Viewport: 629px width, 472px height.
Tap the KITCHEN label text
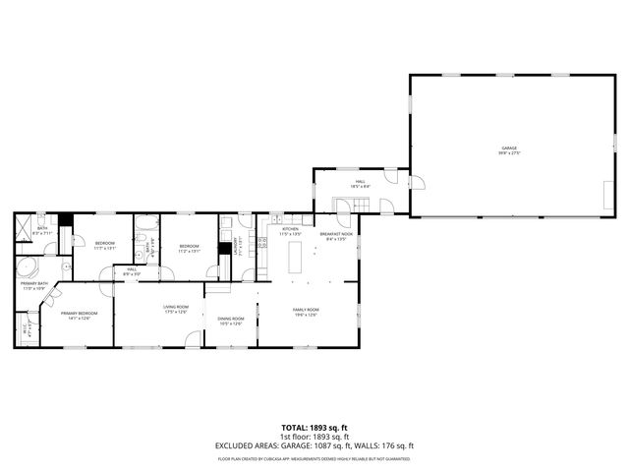(289, 231)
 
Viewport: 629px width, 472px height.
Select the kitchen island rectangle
(295, 259)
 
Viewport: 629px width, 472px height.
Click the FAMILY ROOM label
(306, 312)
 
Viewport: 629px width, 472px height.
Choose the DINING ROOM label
(231, 320)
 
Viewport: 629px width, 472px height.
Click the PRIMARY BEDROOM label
(79, 315)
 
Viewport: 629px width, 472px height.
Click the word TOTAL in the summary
(295, 428)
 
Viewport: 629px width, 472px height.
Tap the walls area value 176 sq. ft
(398, 446)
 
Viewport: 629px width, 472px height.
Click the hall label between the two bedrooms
(131, 270)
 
